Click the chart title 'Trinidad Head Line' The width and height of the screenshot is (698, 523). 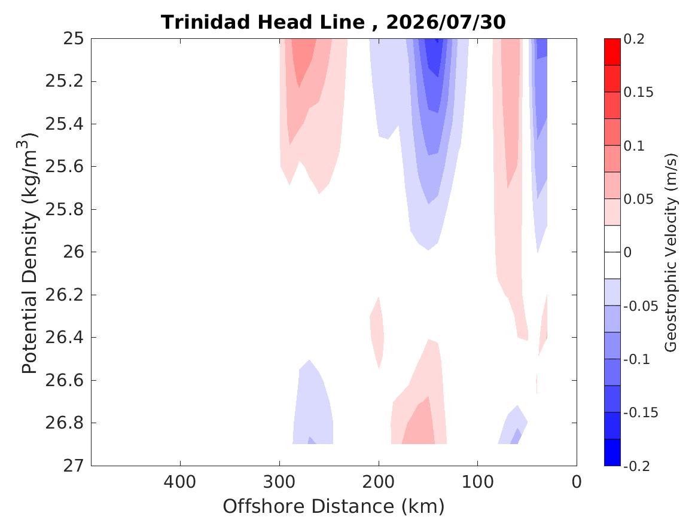[x=263, y=22]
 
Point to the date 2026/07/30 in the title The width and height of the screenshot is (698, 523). [x=446, y=22]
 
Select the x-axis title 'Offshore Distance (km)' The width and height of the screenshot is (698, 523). [x=333, y=506]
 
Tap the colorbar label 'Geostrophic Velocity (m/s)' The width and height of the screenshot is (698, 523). [x=670, y=253]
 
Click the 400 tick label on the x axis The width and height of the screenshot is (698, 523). [x=180, y=482]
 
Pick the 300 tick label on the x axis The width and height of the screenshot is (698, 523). [x=279, y=482]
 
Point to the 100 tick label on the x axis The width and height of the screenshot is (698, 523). [x=478, y=482]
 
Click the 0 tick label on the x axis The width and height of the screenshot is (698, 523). [x=577, y=482]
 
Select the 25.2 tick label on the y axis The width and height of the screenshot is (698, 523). [x=65, y=81]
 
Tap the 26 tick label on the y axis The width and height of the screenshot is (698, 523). [x=73, y=252]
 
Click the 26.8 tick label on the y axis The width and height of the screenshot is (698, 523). [x=65, y=423]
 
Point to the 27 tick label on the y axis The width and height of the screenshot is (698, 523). [x=73, y=466]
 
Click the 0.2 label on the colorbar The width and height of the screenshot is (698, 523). [x=634, y=39]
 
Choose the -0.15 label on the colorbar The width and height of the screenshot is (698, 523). [x=641, y=412]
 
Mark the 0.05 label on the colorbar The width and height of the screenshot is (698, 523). [x=638, y=199]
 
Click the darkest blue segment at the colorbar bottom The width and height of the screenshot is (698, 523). [x=612, y=452]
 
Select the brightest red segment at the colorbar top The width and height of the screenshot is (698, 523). [x=612, y=52]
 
